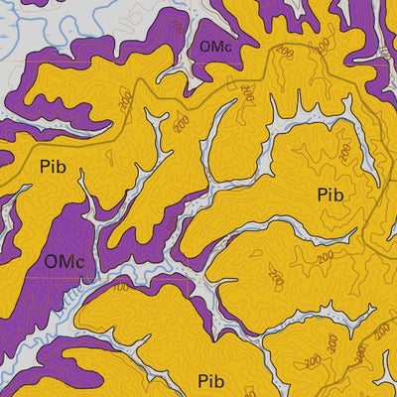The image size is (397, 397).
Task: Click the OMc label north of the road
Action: pos(216,47)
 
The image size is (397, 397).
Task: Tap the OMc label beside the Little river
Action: pos(65,262)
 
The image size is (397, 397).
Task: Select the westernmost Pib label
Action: pos(54,166)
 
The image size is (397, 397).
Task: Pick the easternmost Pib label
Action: pos(331,196)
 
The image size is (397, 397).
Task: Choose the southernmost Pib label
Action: pos(210,380)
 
